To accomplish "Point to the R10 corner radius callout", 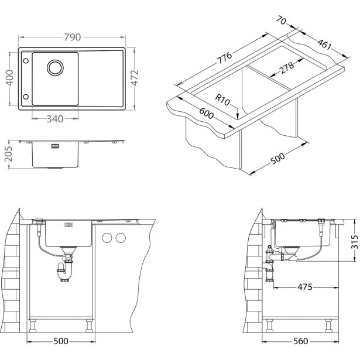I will (x=222, y=100).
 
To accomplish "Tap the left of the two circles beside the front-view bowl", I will (x=108, y=238).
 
